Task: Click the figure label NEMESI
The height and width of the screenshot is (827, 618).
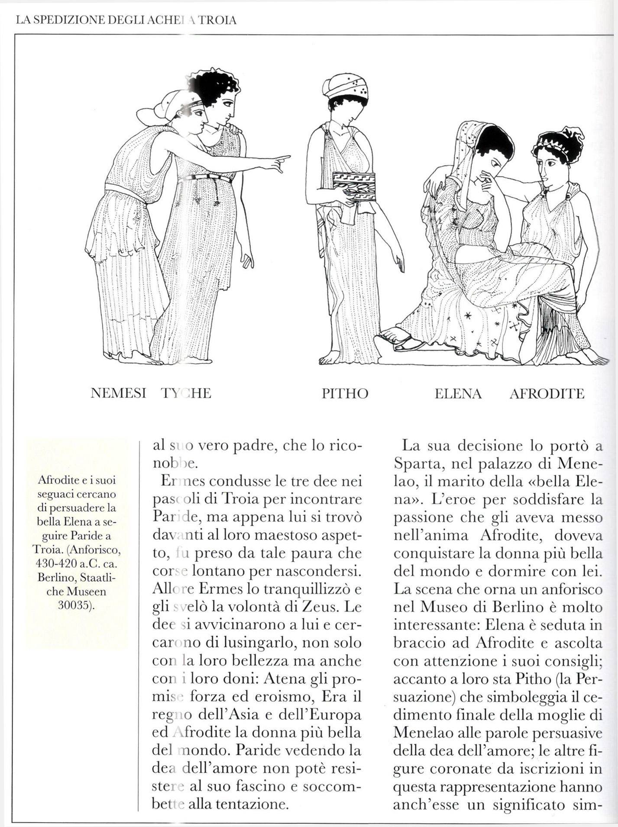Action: tap(118, 393)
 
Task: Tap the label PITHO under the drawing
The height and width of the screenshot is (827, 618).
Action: tap(345, 393)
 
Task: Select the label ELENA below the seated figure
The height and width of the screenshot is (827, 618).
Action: tap(458, 393)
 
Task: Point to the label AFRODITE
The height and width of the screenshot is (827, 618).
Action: tap(547, 393)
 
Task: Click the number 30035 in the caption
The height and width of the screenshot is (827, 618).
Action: tap(76, 605)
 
